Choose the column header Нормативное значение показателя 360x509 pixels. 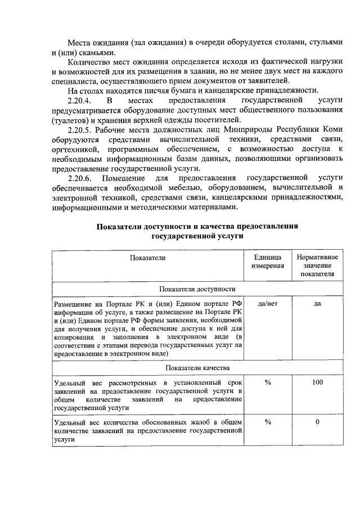317,265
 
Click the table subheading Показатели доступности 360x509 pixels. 197,289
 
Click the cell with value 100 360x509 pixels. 317,382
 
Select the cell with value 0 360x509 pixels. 317,422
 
